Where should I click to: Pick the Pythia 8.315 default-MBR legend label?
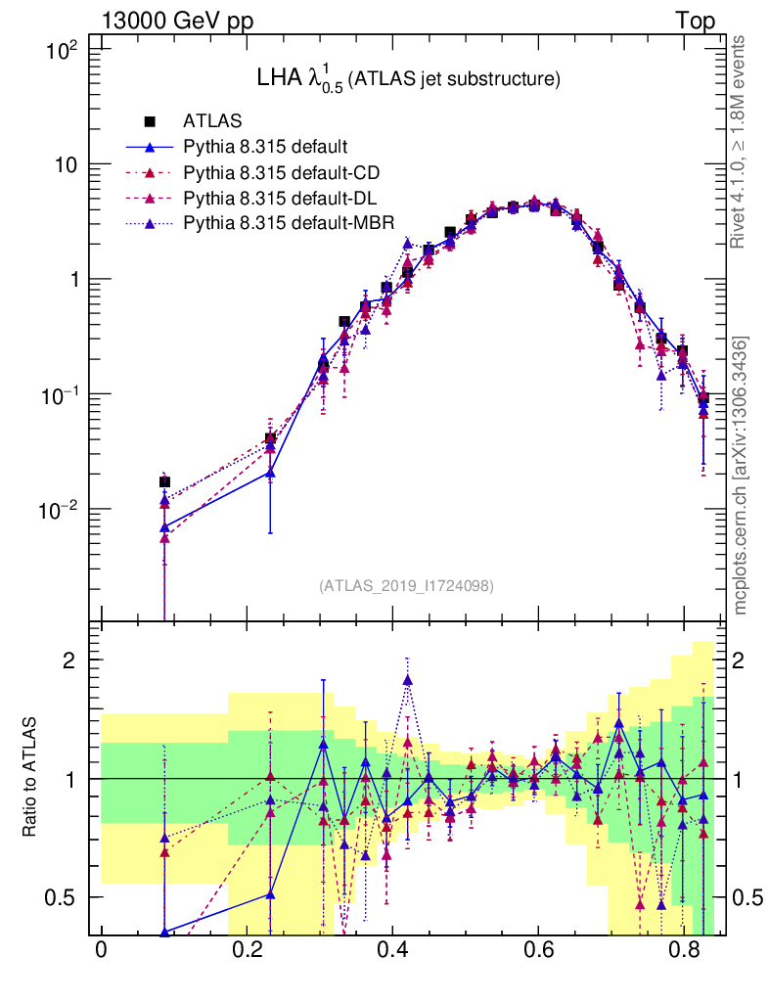pos(288,224)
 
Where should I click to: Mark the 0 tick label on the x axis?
pos(101,950)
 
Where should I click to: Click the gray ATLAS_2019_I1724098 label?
pos(406,586)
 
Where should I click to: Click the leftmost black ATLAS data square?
pos(164,481)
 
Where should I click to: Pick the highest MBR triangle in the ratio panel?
pos(408,680)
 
